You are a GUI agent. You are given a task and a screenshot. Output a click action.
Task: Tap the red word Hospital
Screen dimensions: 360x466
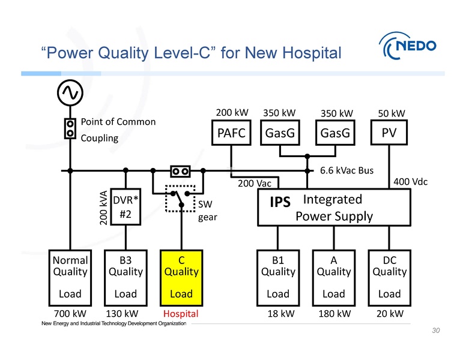coord(181,313)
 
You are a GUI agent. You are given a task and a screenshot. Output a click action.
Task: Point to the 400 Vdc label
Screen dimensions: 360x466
coord(409,181)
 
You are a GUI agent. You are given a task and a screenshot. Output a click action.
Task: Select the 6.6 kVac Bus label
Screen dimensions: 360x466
coord(346,170)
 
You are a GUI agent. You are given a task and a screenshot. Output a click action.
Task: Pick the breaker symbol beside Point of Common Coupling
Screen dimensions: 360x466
coord(70,128)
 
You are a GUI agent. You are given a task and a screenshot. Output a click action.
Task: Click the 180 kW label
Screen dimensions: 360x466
coord(334,313)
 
